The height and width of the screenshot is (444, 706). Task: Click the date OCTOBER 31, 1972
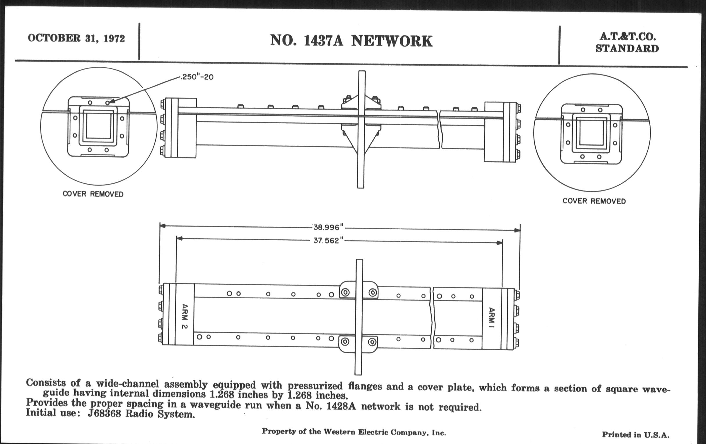tap(76, 38)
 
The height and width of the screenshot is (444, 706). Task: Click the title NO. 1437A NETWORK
tap(351, 41)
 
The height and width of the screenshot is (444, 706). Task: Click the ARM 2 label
tap(185, 316)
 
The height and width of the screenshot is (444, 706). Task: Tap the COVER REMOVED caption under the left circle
tap(93, 194)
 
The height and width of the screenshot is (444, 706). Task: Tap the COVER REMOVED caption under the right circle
tap(594, 201)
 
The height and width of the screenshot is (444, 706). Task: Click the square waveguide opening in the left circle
tap(98, 126)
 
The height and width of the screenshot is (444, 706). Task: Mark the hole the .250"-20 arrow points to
tap(108, 103)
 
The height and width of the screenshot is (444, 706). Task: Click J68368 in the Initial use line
tap(105, 414)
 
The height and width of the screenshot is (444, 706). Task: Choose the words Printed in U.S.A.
tap(636, 435)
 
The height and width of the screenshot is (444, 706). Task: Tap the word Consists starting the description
tap(46, 383)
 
